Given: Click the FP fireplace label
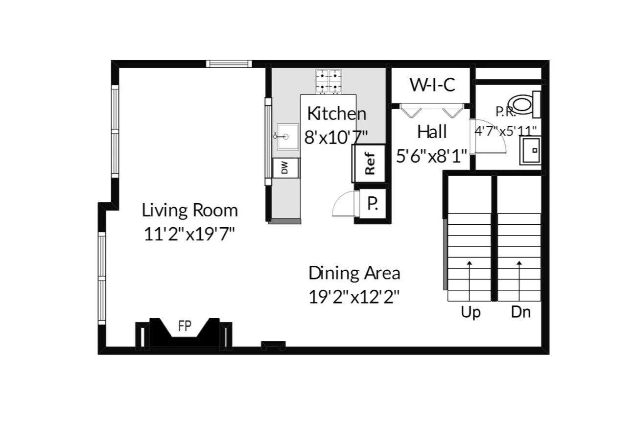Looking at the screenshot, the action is tap(185, 326).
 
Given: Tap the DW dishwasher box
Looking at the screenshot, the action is tap(286, 168).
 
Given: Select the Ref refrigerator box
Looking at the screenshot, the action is tap(369, 164).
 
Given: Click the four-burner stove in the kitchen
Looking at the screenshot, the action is tap(329, 82).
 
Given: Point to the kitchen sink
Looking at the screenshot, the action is tap(287, 137).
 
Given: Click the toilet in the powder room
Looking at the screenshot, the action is tap(524, 104).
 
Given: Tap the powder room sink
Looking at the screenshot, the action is tap(530, 150).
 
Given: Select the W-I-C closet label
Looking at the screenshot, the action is tap(432, 85).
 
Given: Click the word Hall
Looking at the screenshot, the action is tap(432, 132).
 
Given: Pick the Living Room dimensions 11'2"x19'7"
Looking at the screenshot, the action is tap(189, 234).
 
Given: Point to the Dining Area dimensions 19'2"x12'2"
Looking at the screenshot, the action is tap(354, 297).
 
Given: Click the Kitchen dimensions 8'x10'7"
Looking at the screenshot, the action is tap(336, 137).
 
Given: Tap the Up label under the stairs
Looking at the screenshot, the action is tap(471, 312).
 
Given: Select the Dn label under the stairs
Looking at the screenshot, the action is tap(521, 312).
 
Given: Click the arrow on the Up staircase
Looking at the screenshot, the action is tap(470, 281).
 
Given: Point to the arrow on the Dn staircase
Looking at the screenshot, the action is tap(519, 281).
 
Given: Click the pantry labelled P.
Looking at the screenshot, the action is tap(373, 203).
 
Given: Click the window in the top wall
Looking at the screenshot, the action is tap(229, 64).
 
